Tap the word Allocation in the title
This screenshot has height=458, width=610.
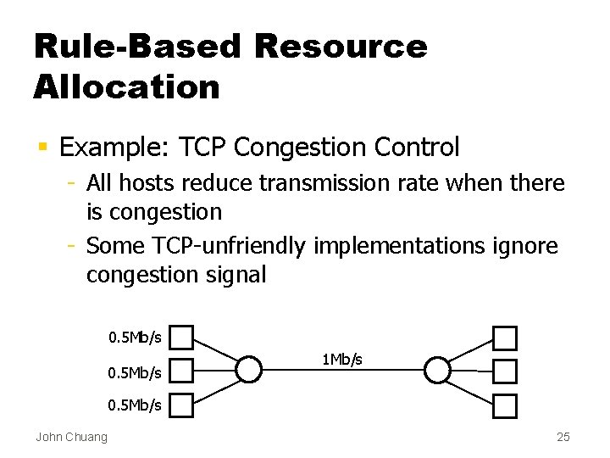127,87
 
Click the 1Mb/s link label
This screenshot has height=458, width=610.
342,360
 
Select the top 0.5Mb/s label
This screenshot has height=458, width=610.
135,338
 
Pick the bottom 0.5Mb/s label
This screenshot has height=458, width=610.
135,405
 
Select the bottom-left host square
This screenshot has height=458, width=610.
182,405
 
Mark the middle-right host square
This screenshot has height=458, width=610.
505,371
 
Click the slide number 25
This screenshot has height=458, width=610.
563,438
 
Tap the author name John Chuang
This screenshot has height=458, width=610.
71,438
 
